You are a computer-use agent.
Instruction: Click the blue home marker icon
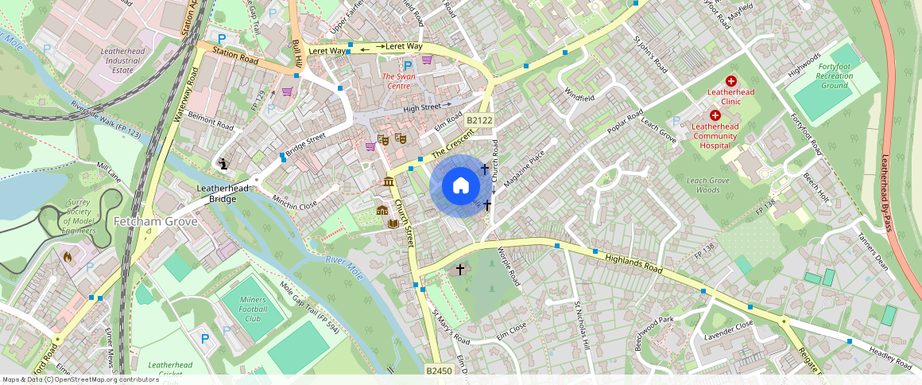tap(460, 185)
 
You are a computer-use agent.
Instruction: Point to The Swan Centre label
tap(399, 81)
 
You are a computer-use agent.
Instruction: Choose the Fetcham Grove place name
tap(155, 221)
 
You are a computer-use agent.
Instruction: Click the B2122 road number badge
tap(480, 120)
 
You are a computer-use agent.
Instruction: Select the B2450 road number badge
tap(439, 371)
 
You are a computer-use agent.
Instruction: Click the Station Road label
tap(235, 58)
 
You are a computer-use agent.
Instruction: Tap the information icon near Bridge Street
tap(223, 163)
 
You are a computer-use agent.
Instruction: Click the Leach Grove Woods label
tap(707, 185)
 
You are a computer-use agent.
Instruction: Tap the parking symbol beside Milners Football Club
tap(205, 339)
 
